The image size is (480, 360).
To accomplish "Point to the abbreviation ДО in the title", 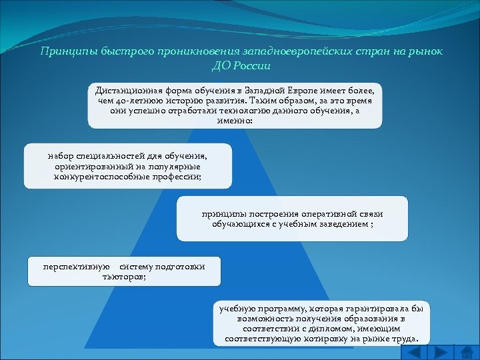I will pos(221,66).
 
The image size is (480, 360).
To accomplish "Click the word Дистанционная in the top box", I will pos(127,89).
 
